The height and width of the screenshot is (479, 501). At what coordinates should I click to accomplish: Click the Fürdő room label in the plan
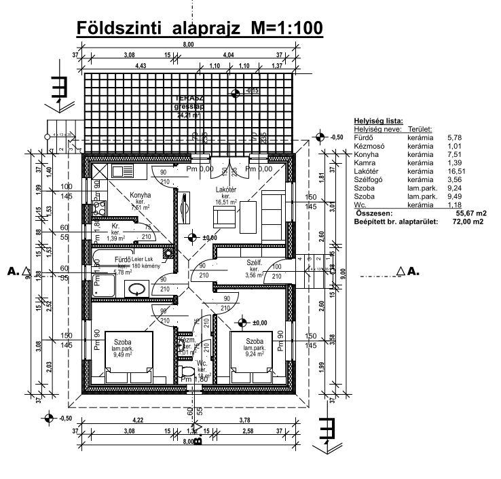coord(123,259)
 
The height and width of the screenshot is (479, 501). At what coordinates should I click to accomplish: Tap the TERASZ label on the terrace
coord(186,99)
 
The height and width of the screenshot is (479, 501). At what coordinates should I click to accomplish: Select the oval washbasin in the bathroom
coord(143,289)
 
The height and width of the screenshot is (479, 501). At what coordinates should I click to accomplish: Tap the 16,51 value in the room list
coord(453,173)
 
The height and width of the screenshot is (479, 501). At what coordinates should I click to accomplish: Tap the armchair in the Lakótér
coord(223,215)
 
